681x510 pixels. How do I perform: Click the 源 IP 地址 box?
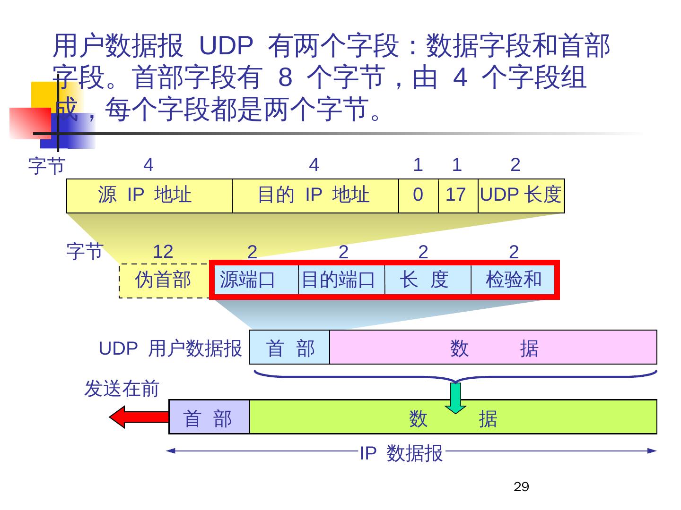point(149,195)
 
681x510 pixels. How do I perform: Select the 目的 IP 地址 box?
point(315,195)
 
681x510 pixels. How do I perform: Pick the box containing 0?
point(418,195)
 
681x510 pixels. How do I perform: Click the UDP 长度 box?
point(521,195)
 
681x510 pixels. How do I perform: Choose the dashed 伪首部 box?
point(164,280)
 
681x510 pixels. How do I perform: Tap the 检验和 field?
point(513,280)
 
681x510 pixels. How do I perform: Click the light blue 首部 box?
point(289,348)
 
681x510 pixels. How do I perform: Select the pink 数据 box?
point(493,348)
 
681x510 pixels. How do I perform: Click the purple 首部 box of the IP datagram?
point(209,417)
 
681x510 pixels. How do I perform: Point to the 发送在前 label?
point(122,389)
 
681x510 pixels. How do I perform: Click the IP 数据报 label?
point(401,453)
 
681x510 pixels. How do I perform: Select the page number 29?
point(521,487)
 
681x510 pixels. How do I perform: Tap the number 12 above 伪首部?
point(163,252)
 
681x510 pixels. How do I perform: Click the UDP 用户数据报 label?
point(170,348)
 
